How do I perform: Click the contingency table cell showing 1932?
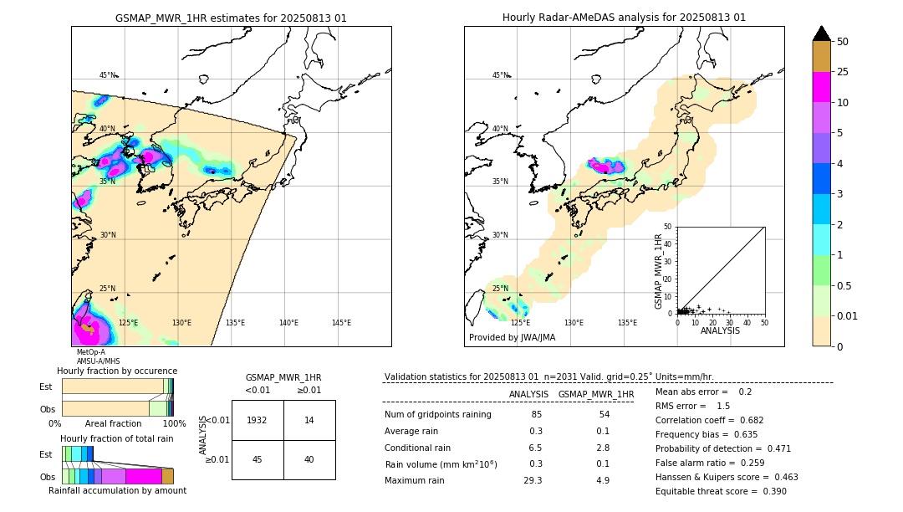pos(258,420)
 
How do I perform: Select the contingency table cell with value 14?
pos(309,420)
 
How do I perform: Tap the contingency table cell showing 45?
pos(258,459)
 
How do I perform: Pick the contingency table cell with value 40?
pos(309,459)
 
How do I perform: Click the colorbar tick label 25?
pos(843,72)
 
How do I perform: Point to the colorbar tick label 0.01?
pos(848,315)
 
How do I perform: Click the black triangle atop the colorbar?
pos(822,33)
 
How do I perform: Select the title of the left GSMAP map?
pos(231,18)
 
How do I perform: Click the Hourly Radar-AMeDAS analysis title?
pos(624,18)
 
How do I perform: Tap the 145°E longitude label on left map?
pos(341,323)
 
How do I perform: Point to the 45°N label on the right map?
pos(500,75)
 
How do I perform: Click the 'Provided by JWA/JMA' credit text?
pos(512,338)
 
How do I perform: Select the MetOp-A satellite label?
pos(91,353)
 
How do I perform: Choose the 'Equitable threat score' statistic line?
pos(721,491)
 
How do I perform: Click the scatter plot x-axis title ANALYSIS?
pos(720,330)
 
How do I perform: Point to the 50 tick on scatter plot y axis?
pos(668,227)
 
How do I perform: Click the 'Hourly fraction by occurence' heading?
pos(117,371)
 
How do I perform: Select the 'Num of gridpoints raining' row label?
pos(438,414)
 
